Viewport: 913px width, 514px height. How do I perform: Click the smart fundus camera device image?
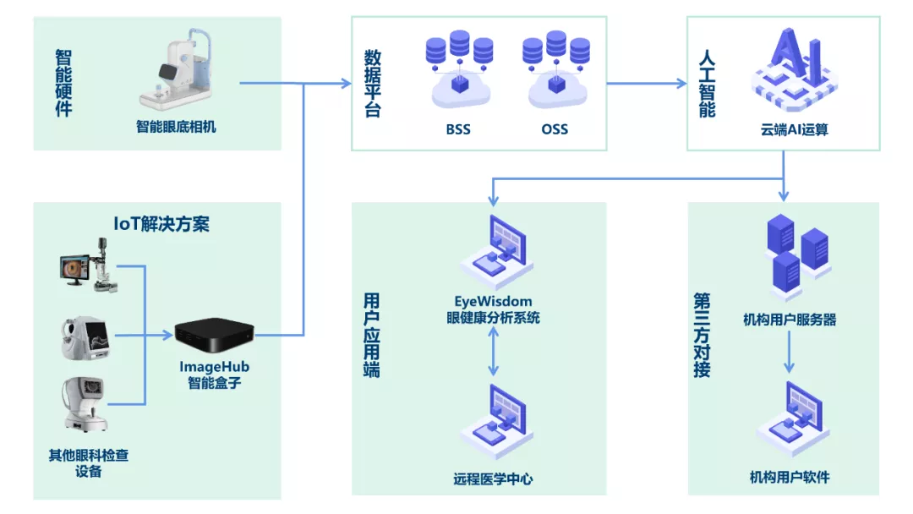[x=180, y=74]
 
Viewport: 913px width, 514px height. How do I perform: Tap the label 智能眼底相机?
[x=177, y=127]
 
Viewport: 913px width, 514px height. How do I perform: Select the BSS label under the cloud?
[x=458, y=129]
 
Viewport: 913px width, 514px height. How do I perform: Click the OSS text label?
[x=555, y=129]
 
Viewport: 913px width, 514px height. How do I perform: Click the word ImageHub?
[x=215, y=367]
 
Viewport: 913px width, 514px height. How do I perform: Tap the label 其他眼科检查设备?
[x=89, y=463]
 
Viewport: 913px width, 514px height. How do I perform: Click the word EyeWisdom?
[x=494, y=301]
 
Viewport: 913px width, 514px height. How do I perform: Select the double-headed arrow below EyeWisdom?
[x=494, y=353]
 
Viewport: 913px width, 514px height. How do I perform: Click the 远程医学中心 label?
[x=494, y=478]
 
